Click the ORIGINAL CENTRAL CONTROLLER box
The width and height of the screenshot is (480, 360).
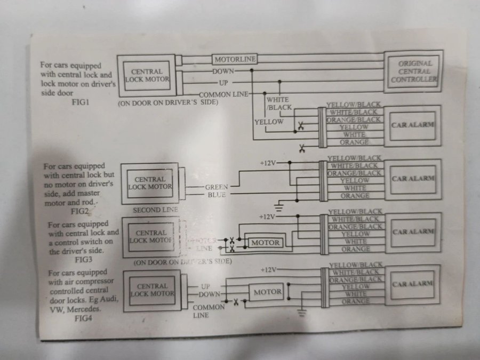pos(414,72)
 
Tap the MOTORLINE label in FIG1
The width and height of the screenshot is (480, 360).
pos(235,59)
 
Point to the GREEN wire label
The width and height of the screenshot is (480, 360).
pos(216,187)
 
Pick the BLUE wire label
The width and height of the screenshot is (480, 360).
pos(218,195)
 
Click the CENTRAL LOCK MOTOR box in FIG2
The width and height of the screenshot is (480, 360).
pos(150,183)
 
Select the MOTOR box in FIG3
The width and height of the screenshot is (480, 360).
pos(266,243)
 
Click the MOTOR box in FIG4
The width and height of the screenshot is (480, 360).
pos(267,292)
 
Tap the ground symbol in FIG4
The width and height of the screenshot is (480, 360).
pos(302,313)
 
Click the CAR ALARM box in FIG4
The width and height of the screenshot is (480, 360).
pos(413,284)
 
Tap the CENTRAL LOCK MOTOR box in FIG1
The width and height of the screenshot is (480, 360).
pos(147,76)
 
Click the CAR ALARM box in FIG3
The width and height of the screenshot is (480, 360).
pos(413,232)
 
